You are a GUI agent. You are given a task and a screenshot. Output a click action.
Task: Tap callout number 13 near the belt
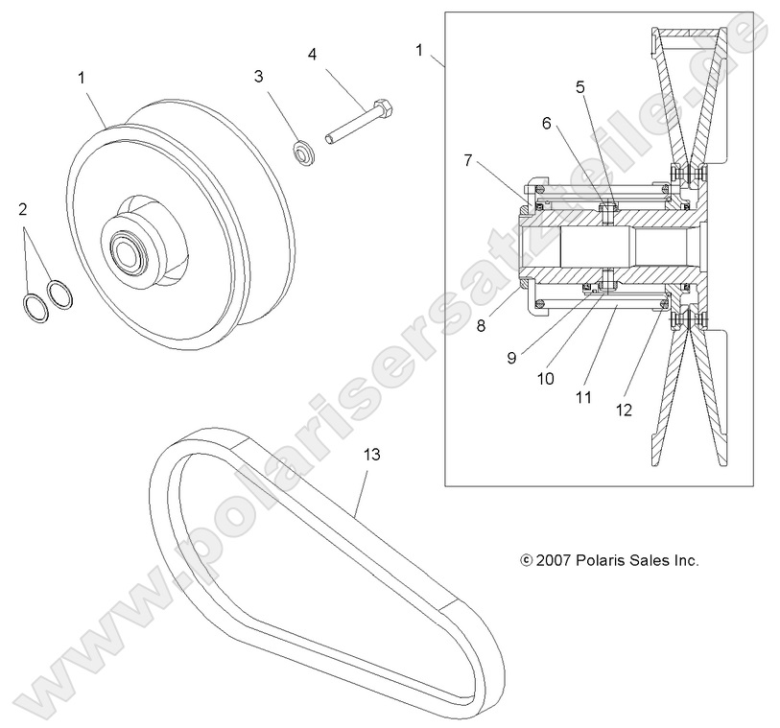coord(371,454)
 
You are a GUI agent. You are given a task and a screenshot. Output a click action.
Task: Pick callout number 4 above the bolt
coord(312,55)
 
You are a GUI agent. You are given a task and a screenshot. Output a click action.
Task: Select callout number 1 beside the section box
coord(418,48)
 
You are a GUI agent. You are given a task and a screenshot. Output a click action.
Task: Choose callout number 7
coord(467,160)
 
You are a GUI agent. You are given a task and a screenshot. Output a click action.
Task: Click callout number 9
coord(511,357)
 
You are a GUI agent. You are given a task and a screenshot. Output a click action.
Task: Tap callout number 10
coord(545,378)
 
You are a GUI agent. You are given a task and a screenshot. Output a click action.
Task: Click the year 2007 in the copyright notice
coord(555,560)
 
